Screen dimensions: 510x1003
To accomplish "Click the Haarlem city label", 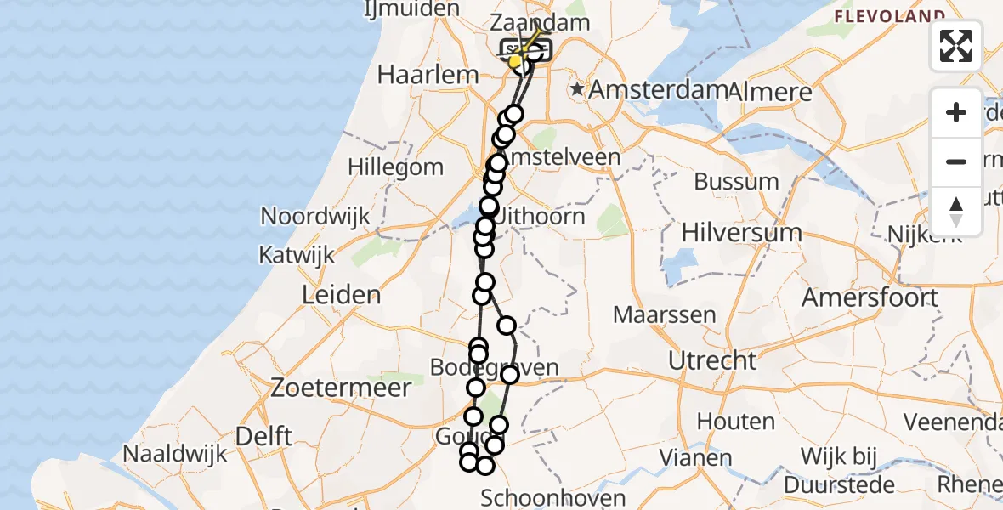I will [x=428, y=75].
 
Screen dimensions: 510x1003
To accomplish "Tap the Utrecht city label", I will [x=712, y=360].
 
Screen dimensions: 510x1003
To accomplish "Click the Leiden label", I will [x=341, y=295].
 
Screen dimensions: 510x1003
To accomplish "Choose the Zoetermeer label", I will [x=341, y=388].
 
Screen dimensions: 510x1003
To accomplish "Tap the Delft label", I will [x=263, y=436].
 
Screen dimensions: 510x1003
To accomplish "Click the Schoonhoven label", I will [x=553, y=498].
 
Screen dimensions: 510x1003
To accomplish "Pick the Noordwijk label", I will [x=315, y=216].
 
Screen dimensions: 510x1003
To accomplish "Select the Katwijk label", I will [x=297, y=254].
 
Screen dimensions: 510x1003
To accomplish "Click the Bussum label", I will [x=736, y=182].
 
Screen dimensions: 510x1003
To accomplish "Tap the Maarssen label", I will [x=656, y=315].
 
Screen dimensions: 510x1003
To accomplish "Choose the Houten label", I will [x=736, y=422].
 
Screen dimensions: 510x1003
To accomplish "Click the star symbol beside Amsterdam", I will [x=578, y=88].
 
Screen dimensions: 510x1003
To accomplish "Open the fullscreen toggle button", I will [x=956, y=45].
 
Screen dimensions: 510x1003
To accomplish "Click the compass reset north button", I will [x=956, y=211].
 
